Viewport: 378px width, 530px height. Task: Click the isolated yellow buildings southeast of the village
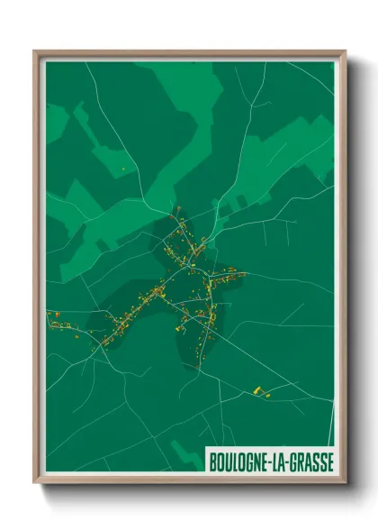pyautogui.click(x=257, y=389)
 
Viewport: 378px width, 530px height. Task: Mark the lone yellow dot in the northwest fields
pyautogui.click(x=123, y=169)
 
